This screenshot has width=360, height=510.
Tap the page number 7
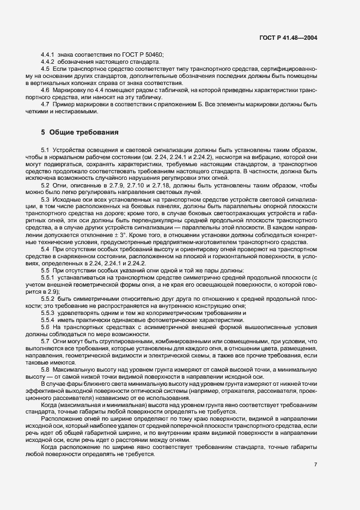[316, 465]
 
